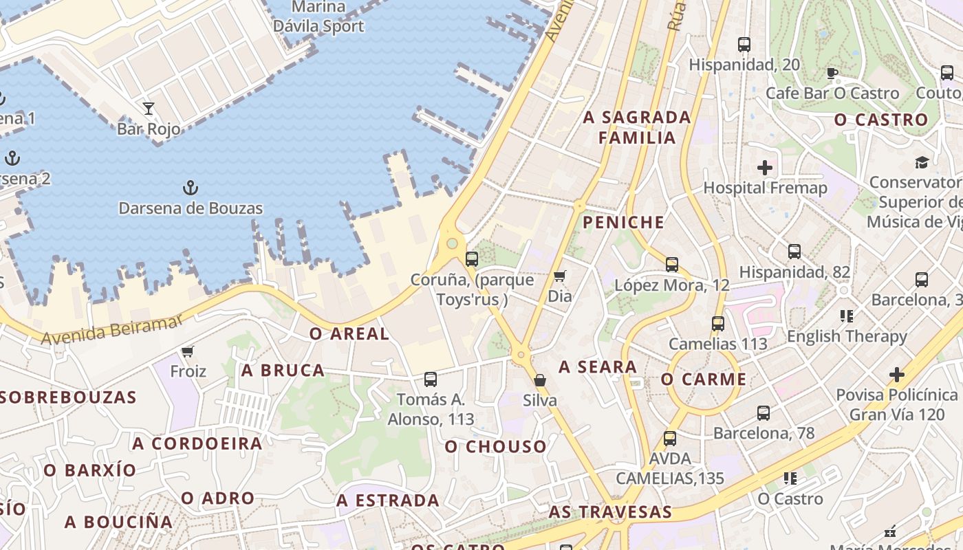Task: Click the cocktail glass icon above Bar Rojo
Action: click(149, 108)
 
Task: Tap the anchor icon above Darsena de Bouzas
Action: click(190, 187)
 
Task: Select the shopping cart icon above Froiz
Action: click(187, 352)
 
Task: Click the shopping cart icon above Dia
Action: click(560, 276)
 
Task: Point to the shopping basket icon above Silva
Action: click(541, 380)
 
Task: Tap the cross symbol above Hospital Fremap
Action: click(765, 168)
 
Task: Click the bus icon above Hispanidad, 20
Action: click(744, 45)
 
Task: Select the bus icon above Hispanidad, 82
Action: click(794, 252)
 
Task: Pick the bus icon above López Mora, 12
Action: click(672, 264)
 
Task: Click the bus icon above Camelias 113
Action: click(718, 323)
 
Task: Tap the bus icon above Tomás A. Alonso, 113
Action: click(431, 379)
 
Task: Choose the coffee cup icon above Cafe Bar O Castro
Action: click(832, 73)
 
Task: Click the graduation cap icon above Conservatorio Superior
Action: click(922, 162)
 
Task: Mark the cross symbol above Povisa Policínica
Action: click(897, 375)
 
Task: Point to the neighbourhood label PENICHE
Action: click(624, 222)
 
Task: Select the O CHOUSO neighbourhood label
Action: click(495, 447)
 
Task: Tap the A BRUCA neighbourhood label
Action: click(283, 371)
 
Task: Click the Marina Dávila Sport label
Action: click(318, 17)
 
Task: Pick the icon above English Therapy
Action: click(847, 316)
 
